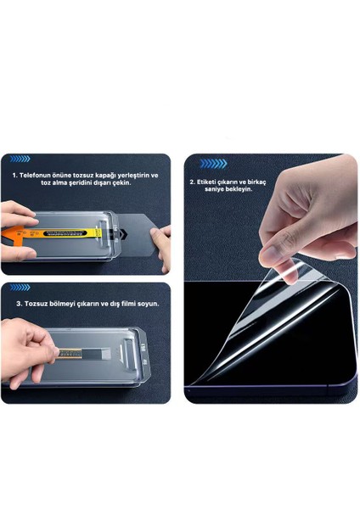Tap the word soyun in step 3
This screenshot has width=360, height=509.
pyautogui.click(x=146, y=304)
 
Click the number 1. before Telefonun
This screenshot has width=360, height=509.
pyautogui.click(x=14, y=175)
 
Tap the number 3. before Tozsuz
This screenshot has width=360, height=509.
pyautogui.click(x=19, y=304)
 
